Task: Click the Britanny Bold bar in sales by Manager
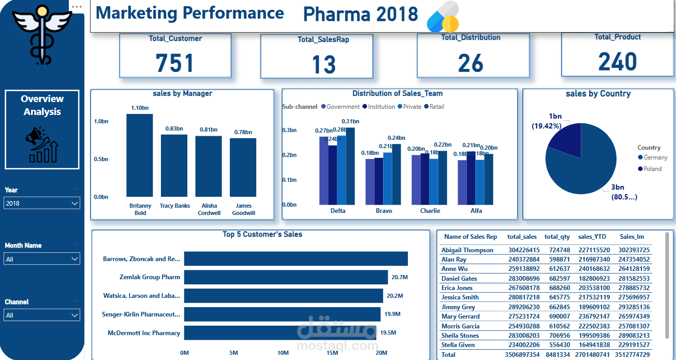140,155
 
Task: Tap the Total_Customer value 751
175,63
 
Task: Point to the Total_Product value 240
618,62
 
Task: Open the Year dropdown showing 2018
42,203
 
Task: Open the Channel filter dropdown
42,315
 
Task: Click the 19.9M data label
391,314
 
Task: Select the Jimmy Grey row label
458,307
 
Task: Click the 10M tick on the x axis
283,353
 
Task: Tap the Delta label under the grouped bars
337,211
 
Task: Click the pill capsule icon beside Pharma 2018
443,17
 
